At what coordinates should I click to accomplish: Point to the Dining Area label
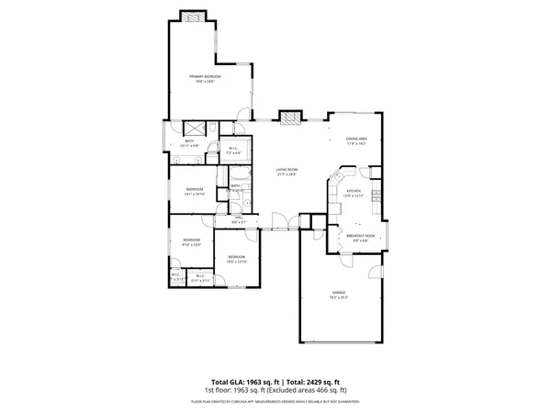coord(356,139)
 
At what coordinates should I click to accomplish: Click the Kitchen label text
coord(354,191)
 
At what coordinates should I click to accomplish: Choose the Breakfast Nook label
coord(358,236)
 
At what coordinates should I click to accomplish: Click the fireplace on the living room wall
coord(290,118)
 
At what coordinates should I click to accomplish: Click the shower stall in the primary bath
coord(195,129)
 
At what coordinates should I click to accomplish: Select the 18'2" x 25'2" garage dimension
coord(339,297)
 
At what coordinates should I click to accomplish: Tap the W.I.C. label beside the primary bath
coord(233,148)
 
